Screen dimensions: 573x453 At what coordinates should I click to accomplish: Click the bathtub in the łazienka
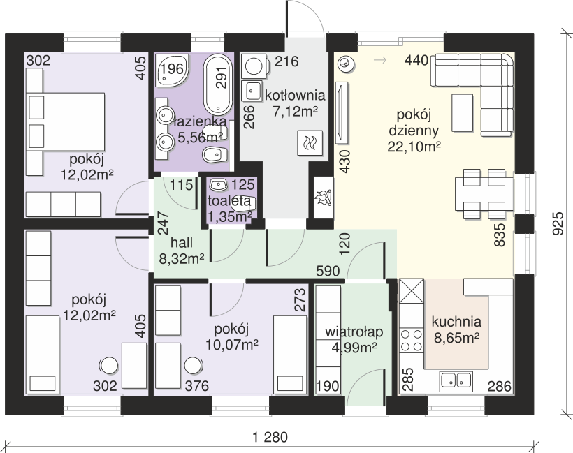(x=218, y=84)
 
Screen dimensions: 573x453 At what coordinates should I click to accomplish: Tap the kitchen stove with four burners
(x=411, y=339)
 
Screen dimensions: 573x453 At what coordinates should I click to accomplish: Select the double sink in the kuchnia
(x=456, y=380)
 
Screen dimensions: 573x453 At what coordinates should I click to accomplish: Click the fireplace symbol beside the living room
(x=323, y=198)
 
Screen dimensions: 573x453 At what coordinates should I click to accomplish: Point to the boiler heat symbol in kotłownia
(x=310, y=142)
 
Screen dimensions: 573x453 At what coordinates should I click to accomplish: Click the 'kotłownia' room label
(x=295, y=95)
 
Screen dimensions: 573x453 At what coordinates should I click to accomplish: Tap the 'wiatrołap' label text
(x=354, y=332)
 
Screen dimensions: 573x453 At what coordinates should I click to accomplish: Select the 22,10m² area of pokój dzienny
(x=414, y=147)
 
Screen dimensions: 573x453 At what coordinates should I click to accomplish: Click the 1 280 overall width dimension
(x=270, y=436)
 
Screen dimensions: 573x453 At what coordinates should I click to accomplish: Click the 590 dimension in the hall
(x=328, y=271)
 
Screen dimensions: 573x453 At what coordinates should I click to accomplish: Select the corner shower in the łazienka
(x=172, y=70)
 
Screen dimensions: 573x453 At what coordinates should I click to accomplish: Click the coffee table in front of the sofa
(x=463, y=112)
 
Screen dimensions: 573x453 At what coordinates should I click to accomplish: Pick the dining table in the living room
(x=484, y=194)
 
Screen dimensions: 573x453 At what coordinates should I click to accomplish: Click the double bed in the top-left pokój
(x=65, y=121)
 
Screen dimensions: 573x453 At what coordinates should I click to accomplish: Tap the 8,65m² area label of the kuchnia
(x=457, y=338)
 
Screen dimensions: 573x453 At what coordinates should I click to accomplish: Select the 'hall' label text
(x=182, y=243)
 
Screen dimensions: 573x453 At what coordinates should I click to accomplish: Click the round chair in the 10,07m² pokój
(x=194, y=365)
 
